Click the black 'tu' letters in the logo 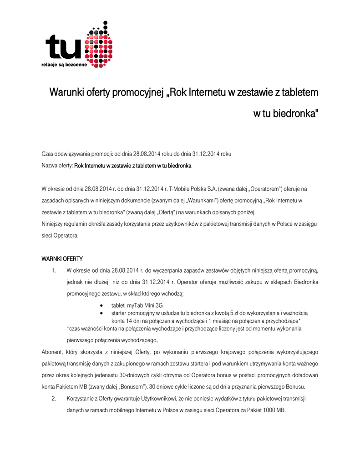coord(64,47)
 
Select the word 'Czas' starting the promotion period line coord(48,154)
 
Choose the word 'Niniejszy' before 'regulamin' coord(53,224)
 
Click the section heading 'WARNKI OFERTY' coord(62,259)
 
